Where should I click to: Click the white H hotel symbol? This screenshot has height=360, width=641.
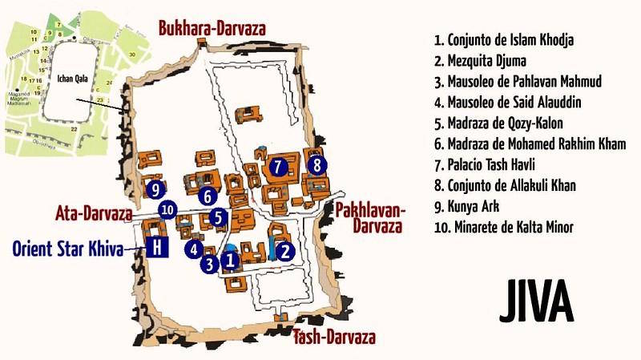click(157, 249)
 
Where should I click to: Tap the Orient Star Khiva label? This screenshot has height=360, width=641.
click(69, 249)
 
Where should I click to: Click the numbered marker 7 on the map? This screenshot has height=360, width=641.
click(277, 168)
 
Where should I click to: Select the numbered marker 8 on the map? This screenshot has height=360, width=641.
click(317, 166)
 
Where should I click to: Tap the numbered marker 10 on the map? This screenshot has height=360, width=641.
click(167, 210)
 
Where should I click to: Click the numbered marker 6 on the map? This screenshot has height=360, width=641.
click(207, 195)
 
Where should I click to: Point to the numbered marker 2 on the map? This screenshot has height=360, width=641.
click(285, 250)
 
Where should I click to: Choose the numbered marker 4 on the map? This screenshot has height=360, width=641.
click(193, 249)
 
